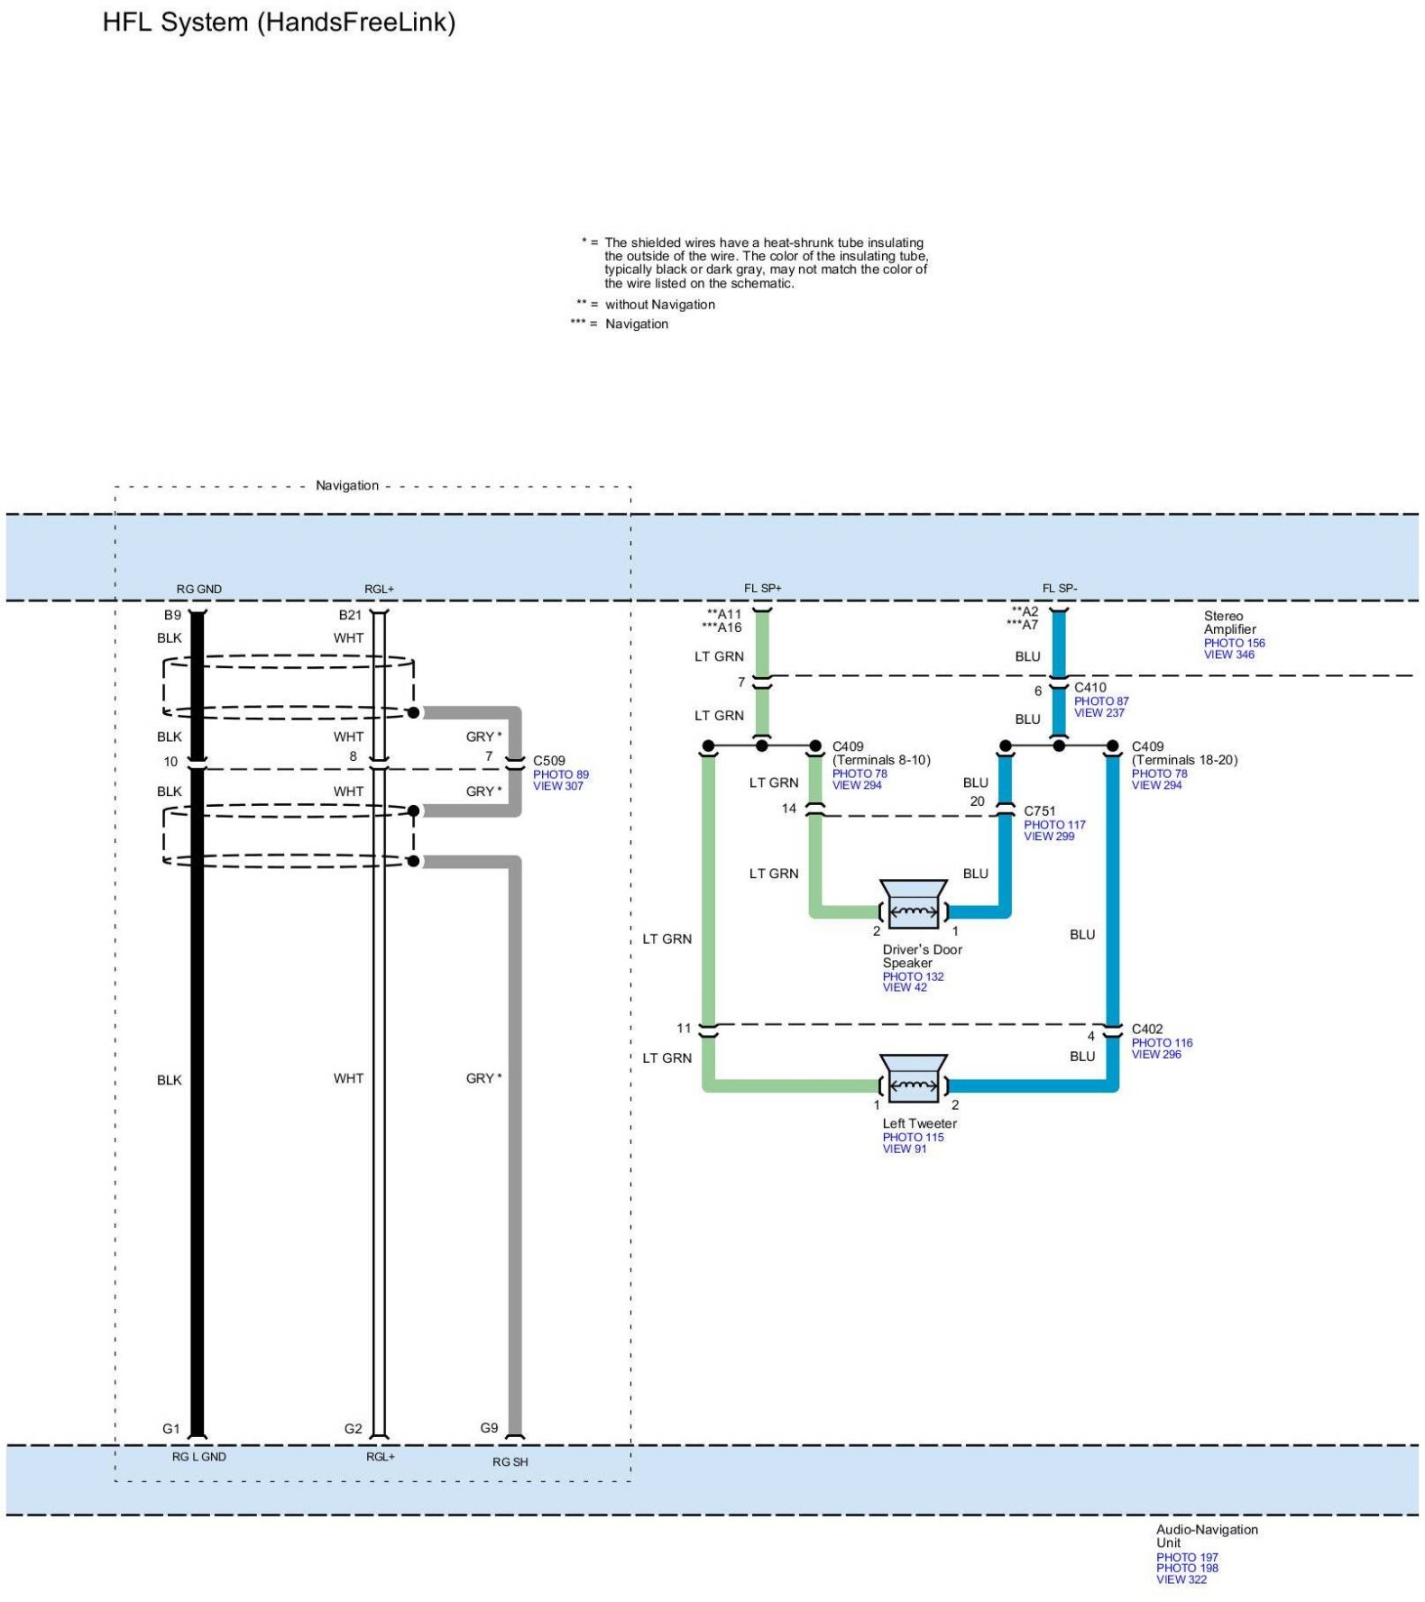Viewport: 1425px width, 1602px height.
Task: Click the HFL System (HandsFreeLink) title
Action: pos(279,22)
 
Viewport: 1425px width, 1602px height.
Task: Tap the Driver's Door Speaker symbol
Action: pos(913,904)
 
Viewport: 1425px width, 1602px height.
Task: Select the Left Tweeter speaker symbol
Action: pos(913,1078)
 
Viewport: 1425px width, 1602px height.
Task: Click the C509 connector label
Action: pos(548,760)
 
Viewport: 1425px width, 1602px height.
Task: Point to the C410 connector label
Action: pos(1089,687)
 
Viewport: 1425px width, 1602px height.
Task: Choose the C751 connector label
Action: pos(1039,810)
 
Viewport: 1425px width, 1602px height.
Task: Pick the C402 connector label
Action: pos(1146,1029)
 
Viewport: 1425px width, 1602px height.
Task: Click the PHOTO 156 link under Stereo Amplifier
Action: pos(1234,643)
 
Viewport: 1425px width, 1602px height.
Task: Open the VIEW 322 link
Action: pos(1181,1579)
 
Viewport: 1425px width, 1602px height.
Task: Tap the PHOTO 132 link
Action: pos(913,976)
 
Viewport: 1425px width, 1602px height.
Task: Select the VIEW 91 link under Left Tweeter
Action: pos(904,1149)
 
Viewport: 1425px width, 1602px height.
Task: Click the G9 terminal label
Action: pos(489,1427)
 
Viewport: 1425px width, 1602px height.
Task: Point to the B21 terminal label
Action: pos(350,615)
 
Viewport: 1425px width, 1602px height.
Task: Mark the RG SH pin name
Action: pos(510,1461)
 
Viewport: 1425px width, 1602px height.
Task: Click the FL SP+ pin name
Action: pos(762,588)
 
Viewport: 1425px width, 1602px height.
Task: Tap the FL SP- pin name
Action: pos(1059,588)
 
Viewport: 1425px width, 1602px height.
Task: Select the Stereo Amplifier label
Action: pos(1229,622)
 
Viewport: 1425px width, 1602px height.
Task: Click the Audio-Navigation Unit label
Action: pos(1206,1535)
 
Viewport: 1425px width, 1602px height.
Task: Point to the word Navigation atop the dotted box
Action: pos(346,485)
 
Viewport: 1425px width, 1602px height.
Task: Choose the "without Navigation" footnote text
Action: pos(659,305)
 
